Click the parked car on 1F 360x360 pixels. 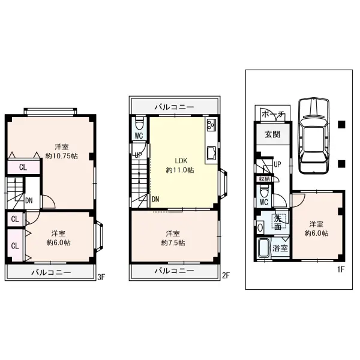tap(314, 136)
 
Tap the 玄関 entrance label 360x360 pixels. tap(272, 134)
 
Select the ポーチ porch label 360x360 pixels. tap(273, 115)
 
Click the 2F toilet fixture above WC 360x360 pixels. tap(139, 124)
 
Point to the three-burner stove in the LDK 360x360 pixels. tap(211, 125)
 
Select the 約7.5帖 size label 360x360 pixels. tap(173, 242)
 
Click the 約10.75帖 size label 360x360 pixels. tap(62, 156)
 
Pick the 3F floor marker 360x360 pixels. tap(101, 277)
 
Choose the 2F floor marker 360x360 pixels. tap(226, 275)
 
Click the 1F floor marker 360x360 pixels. tap(341, 269)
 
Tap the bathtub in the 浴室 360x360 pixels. tap(263, 248)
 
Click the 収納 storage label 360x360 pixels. tap(264, 179)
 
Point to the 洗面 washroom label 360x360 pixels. tap(278, 223)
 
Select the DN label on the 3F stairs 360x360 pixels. tap(29, 200)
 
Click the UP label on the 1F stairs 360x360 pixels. tap(278, 164)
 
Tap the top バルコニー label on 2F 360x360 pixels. tap(174, 107)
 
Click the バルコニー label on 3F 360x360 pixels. tap(51, 272)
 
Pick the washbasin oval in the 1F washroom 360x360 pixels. tap(260, 228)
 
